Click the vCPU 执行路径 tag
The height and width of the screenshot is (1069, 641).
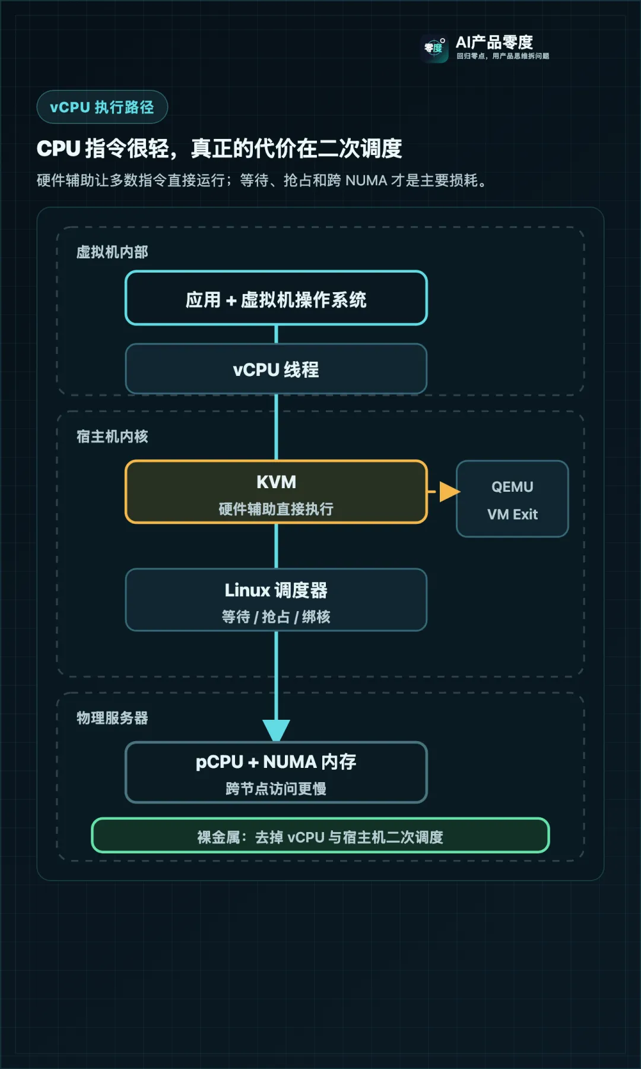102,107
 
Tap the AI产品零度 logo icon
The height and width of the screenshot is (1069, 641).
434,48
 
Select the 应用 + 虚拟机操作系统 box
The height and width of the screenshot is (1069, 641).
276,298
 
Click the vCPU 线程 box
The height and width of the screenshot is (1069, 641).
276,369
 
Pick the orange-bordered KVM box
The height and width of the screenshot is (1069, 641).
276,492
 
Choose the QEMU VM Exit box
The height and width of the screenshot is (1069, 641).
512,499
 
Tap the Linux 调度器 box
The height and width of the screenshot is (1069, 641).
276,600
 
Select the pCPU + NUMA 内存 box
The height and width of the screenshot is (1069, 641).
276,772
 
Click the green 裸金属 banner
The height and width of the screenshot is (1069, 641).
320,836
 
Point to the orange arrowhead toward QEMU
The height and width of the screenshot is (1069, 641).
450,492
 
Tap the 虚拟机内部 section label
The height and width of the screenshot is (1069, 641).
112,252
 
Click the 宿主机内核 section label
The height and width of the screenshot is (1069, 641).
112,437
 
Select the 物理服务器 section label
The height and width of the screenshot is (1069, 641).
112,718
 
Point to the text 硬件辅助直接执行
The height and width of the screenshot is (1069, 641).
276,509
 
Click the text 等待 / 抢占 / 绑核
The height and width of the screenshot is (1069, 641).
276,617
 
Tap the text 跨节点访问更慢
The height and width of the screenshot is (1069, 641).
276,789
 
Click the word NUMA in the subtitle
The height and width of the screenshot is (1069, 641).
366,181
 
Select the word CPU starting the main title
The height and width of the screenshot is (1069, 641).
59,148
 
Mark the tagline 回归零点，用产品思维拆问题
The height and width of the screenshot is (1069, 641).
503,56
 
